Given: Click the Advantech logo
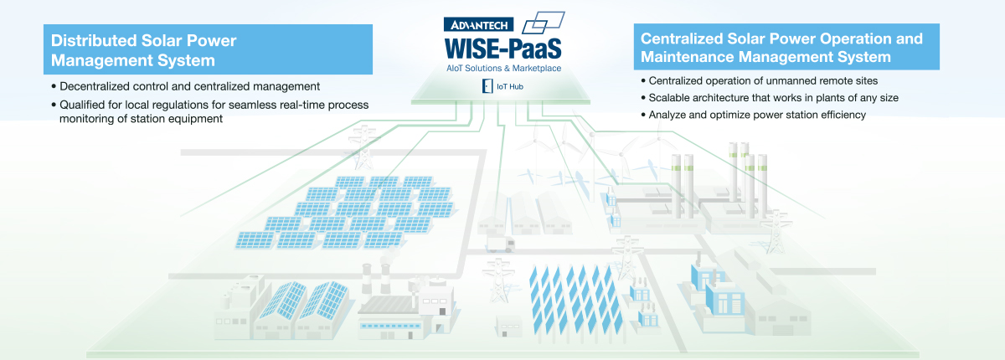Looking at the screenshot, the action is [x=478, y=24].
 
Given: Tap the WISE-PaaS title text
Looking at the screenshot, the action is [x=502, y=49].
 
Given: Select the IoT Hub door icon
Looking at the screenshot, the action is [x=487, y=86].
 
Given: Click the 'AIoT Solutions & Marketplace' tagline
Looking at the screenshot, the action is [x=503, y=68].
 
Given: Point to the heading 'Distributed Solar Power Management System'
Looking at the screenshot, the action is [x=143, y=50].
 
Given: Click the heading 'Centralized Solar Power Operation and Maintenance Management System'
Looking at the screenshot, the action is [x=781, y=48].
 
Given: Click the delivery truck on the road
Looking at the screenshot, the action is [x=501, y=244].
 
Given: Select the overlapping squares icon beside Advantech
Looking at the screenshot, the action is [x=543, y=23].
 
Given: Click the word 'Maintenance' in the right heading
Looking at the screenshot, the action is [x=687, y=57].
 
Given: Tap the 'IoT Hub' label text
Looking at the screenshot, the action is [x=510, y=86].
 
